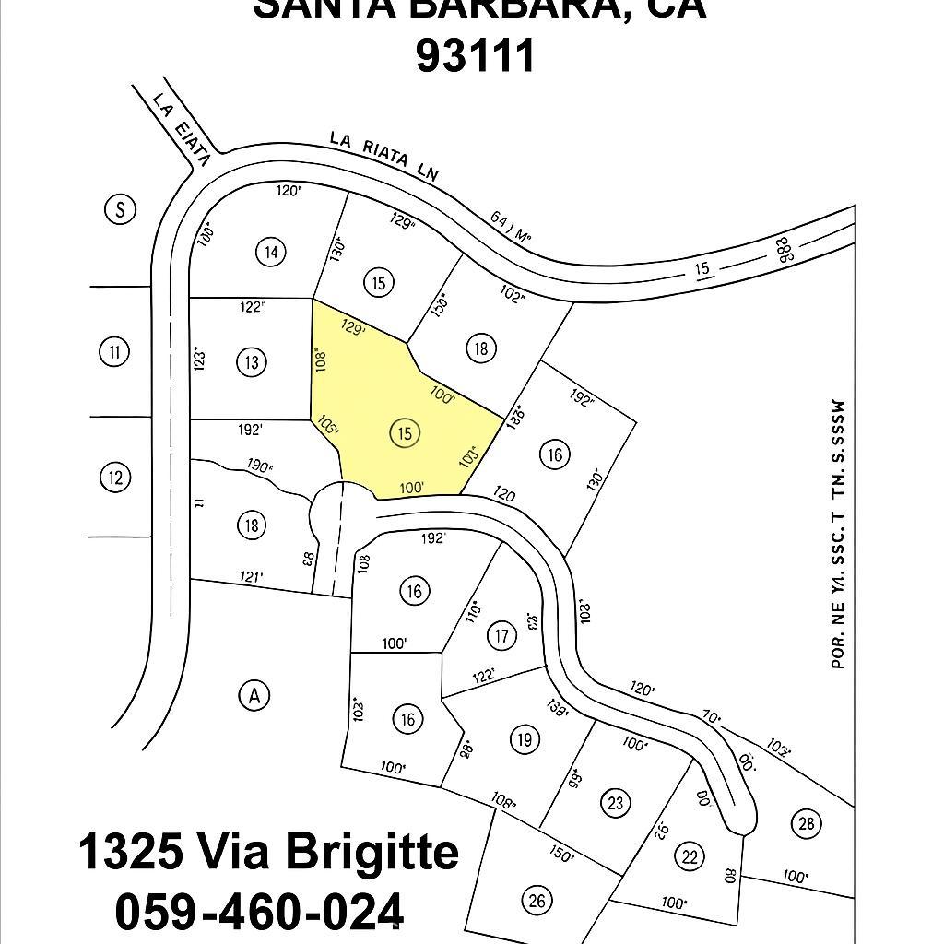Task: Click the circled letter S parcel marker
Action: (119, 209)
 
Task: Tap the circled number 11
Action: (113, 351)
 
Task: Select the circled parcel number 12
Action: (114, 478)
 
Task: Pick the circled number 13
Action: (252, 362)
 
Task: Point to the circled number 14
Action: (270, 252)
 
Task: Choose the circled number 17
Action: (501, 636)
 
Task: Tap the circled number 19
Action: (525, 739)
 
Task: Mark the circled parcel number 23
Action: (616, 802)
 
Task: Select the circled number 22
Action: (690, 855)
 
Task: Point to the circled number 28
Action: (807, 823)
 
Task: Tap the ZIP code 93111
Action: (476, 55)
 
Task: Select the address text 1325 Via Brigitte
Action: (268, 852)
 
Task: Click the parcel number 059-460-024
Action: (259, 912)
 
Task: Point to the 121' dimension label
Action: (251, 577)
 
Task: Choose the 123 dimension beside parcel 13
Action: (199, 359)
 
